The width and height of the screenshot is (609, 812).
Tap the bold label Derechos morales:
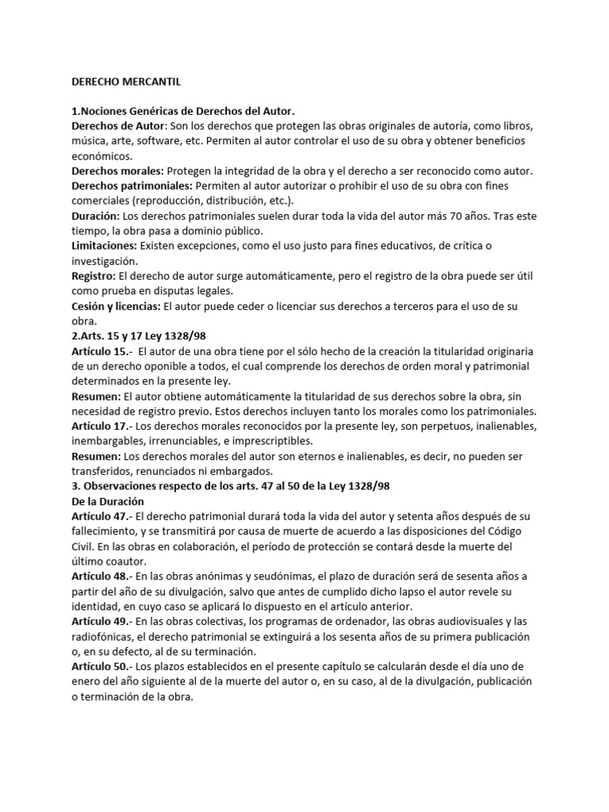(117, 171)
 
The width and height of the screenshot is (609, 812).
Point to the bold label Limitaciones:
(105, 247)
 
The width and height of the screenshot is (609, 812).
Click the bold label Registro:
(93, 277)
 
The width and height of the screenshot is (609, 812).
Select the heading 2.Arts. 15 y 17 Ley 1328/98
(139, 336)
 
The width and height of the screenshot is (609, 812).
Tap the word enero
(87, 681)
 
